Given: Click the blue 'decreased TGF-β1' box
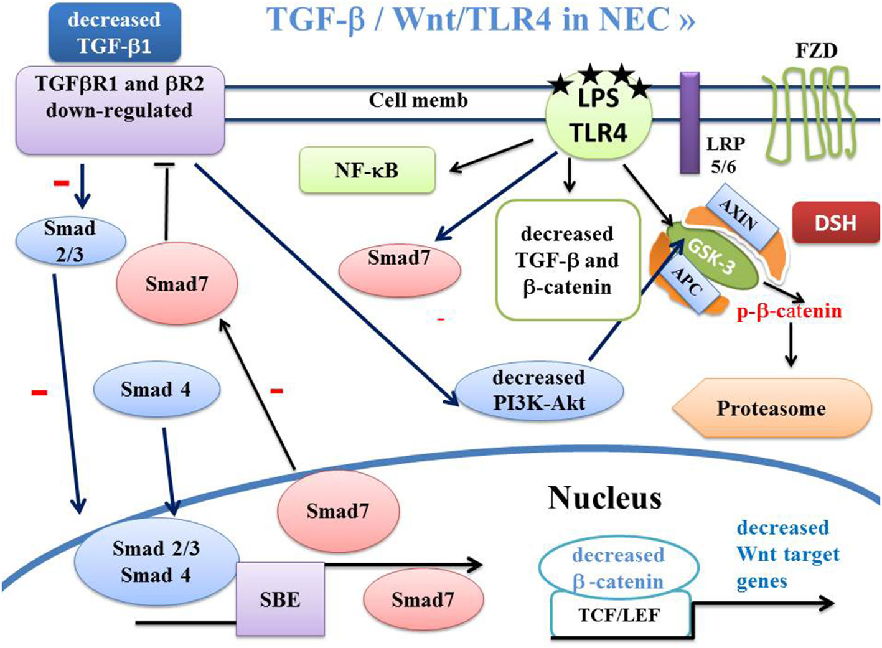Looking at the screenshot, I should point(115,33).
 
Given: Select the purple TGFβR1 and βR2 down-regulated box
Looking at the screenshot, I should point(120,110).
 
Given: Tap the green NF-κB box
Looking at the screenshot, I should point(367,170).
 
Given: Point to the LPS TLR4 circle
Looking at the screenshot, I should point(598,118).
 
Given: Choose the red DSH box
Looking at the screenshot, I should point(835,223).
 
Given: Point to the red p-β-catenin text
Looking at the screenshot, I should point(789,311).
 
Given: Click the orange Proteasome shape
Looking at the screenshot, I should point(771,408).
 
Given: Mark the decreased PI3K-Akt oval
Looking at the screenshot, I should point(539,390).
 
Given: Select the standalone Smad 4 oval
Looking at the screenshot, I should point(156,389).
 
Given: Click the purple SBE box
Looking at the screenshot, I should point(280,599).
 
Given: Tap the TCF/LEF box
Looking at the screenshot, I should point(619,615).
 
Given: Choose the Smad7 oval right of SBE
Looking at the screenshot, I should point(423,599).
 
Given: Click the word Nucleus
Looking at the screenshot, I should point(604,497).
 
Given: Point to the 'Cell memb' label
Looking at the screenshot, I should point(418,100).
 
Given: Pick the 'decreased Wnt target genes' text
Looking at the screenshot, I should point(787,554).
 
